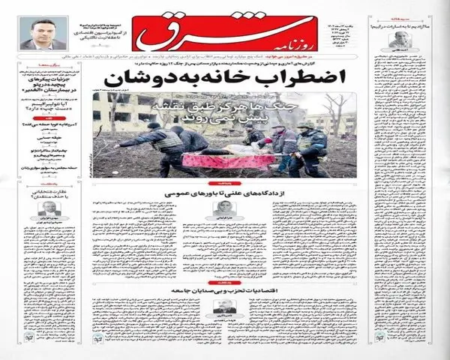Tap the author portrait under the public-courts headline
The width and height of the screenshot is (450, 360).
223,211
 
